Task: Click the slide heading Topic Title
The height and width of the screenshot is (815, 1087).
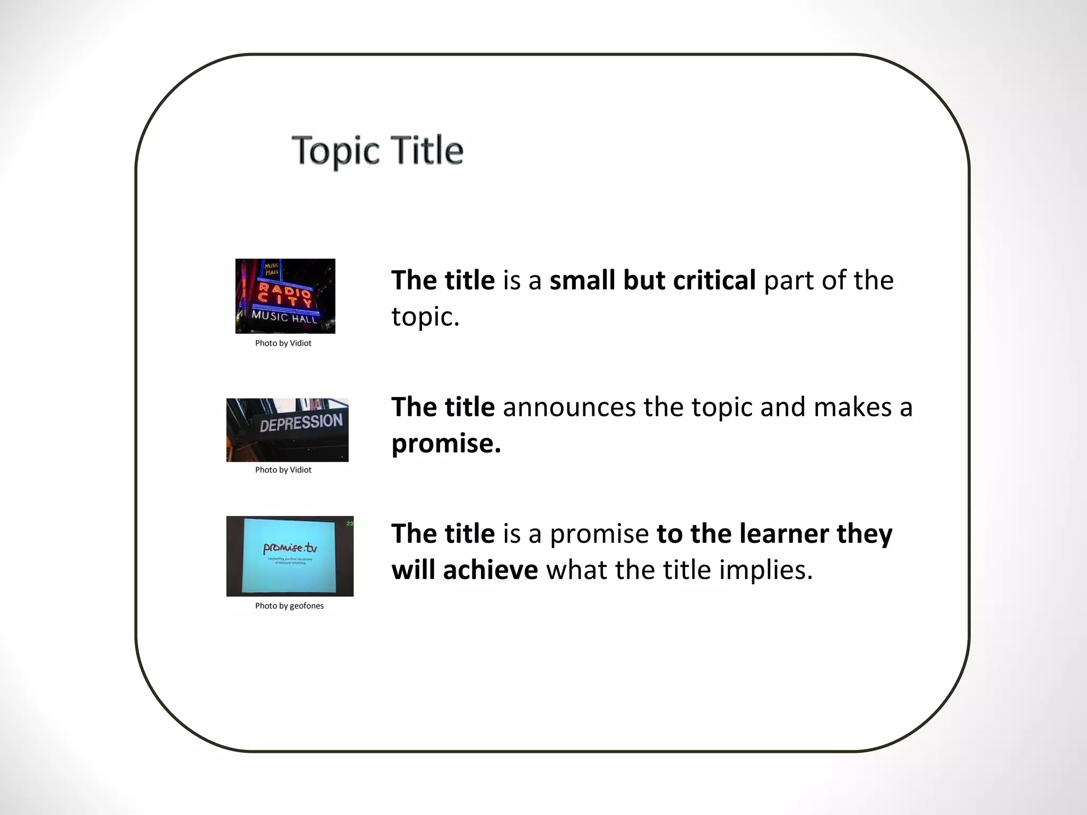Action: [377, 151]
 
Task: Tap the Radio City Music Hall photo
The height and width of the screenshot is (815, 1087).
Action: [285, 296]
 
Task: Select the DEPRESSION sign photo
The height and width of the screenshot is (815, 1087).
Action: [287, 430]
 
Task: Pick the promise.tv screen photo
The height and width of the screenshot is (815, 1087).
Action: [290, 556]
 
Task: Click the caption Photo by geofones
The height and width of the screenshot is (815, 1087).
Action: [289, 606]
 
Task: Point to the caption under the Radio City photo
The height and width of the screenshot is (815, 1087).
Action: [283, 343]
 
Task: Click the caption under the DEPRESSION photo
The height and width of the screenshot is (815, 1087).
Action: [283, 470]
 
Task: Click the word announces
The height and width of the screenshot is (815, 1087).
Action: [569, 407]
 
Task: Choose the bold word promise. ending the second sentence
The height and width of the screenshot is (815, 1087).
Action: [446, 444]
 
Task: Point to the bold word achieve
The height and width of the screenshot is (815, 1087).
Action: [490, 570]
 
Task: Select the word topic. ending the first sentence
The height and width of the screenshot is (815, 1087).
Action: [425, 317]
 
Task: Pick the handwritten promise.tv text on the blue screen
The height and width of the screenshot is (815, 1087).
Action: [290, 548]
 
